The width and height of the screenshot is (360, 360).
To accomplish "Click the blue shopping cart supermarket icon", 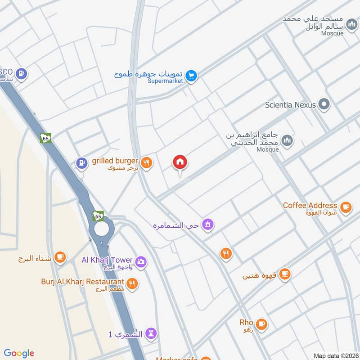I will coord(192,76).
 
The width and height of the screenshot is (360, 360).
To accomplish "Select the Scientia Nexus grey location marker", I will coord(324,105).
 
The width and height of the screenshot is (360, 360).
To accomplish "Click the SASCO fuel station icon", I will coord(21,73).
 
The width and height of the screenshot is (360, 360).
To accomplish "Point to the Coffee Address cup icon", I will coord(345,207).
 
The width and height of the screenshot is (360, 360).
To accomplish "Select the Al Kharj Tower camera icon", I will coord(141,262).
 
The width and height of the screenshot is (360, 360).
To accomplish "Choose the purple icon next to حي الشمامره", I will coord(207,224).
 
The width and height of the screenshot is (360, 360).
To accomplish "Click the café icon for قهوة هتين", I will coord(284,274).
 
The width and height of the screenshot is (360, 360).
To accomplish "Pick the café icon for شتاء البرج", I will coord(59,257).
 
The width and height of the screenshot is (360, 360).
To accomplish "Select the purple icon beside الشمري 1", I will coord(151,333).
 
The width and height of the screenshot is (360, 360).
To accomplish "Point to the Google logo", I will coord(19,353).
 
